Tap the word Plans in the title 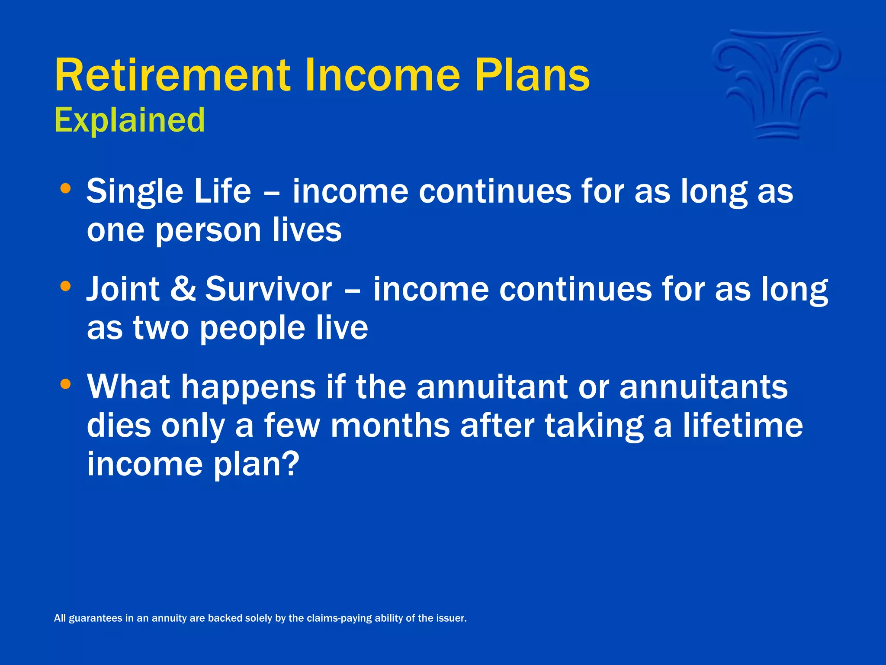tap(532, 76)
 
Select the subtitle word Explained tap(129, 120)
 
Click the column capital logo tap(776, 84)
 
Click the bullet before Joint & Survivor tap(65, 286)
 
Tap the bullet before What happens tap(65, 384)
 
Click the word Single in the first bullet tap(135, 192)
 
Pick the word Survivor tap(268, 289)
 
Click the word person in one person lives tap(208, 231)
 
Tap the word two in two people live tap(161, 328)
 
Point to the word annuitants tap(703, 387)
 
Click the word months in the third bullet tap(390, 426)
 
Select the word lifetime tap(742, 426)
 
